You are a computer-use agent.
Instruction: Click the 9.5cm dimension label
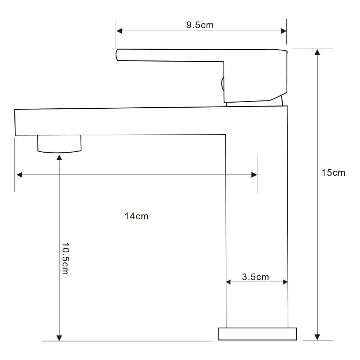click(200, 25)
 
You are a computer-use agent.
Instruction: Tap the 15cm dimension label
click(333, 173)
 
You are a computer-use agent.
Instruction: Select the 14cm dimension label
click(136, 216)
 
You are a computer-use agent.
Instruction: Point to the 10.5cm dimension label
click(66, 258)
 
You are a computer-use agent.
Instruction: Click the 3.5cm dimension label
click(255, 277)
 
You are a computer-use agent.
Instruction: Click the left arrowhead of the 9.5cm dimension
click(120, 31)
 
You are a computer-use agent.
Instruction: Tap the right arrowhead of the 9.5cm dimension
click(284, 31)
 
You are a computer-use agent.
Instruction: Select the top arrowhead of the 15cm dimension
click(317, 52)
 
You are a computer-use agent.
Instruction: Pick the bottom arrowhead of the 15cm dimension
click(317, 337)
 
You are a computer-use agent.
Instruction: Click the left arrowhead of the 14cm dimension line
click(19, 175)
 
